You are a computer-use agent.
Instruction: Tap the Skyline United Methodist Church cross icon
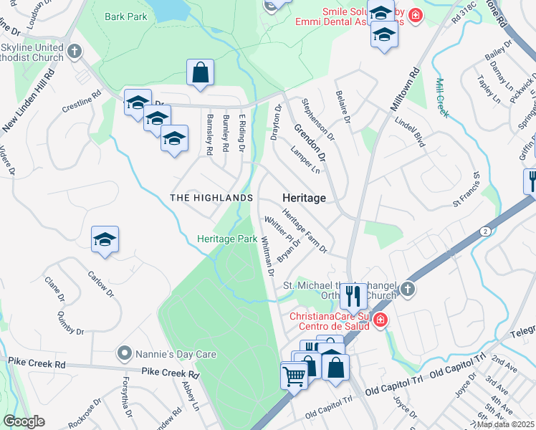[x=75, y=51]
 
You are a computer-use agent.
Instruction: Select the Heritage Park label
[x=227, y=239]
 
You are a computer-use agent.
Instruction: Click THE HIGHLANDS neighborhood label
[x=211, y=198]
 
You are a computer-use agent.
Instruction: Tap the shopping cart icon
[x=295, y=375]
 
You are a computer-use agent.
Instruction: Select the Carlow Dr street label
[x=101, y=283]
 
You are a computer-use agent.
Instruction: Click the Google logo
[x=24, y=421]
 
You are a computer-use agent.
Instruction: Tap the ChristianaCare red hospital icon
[x=381, y=319]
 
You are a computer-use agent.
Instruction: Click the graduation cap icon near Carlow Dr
[x=105, y=240]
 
